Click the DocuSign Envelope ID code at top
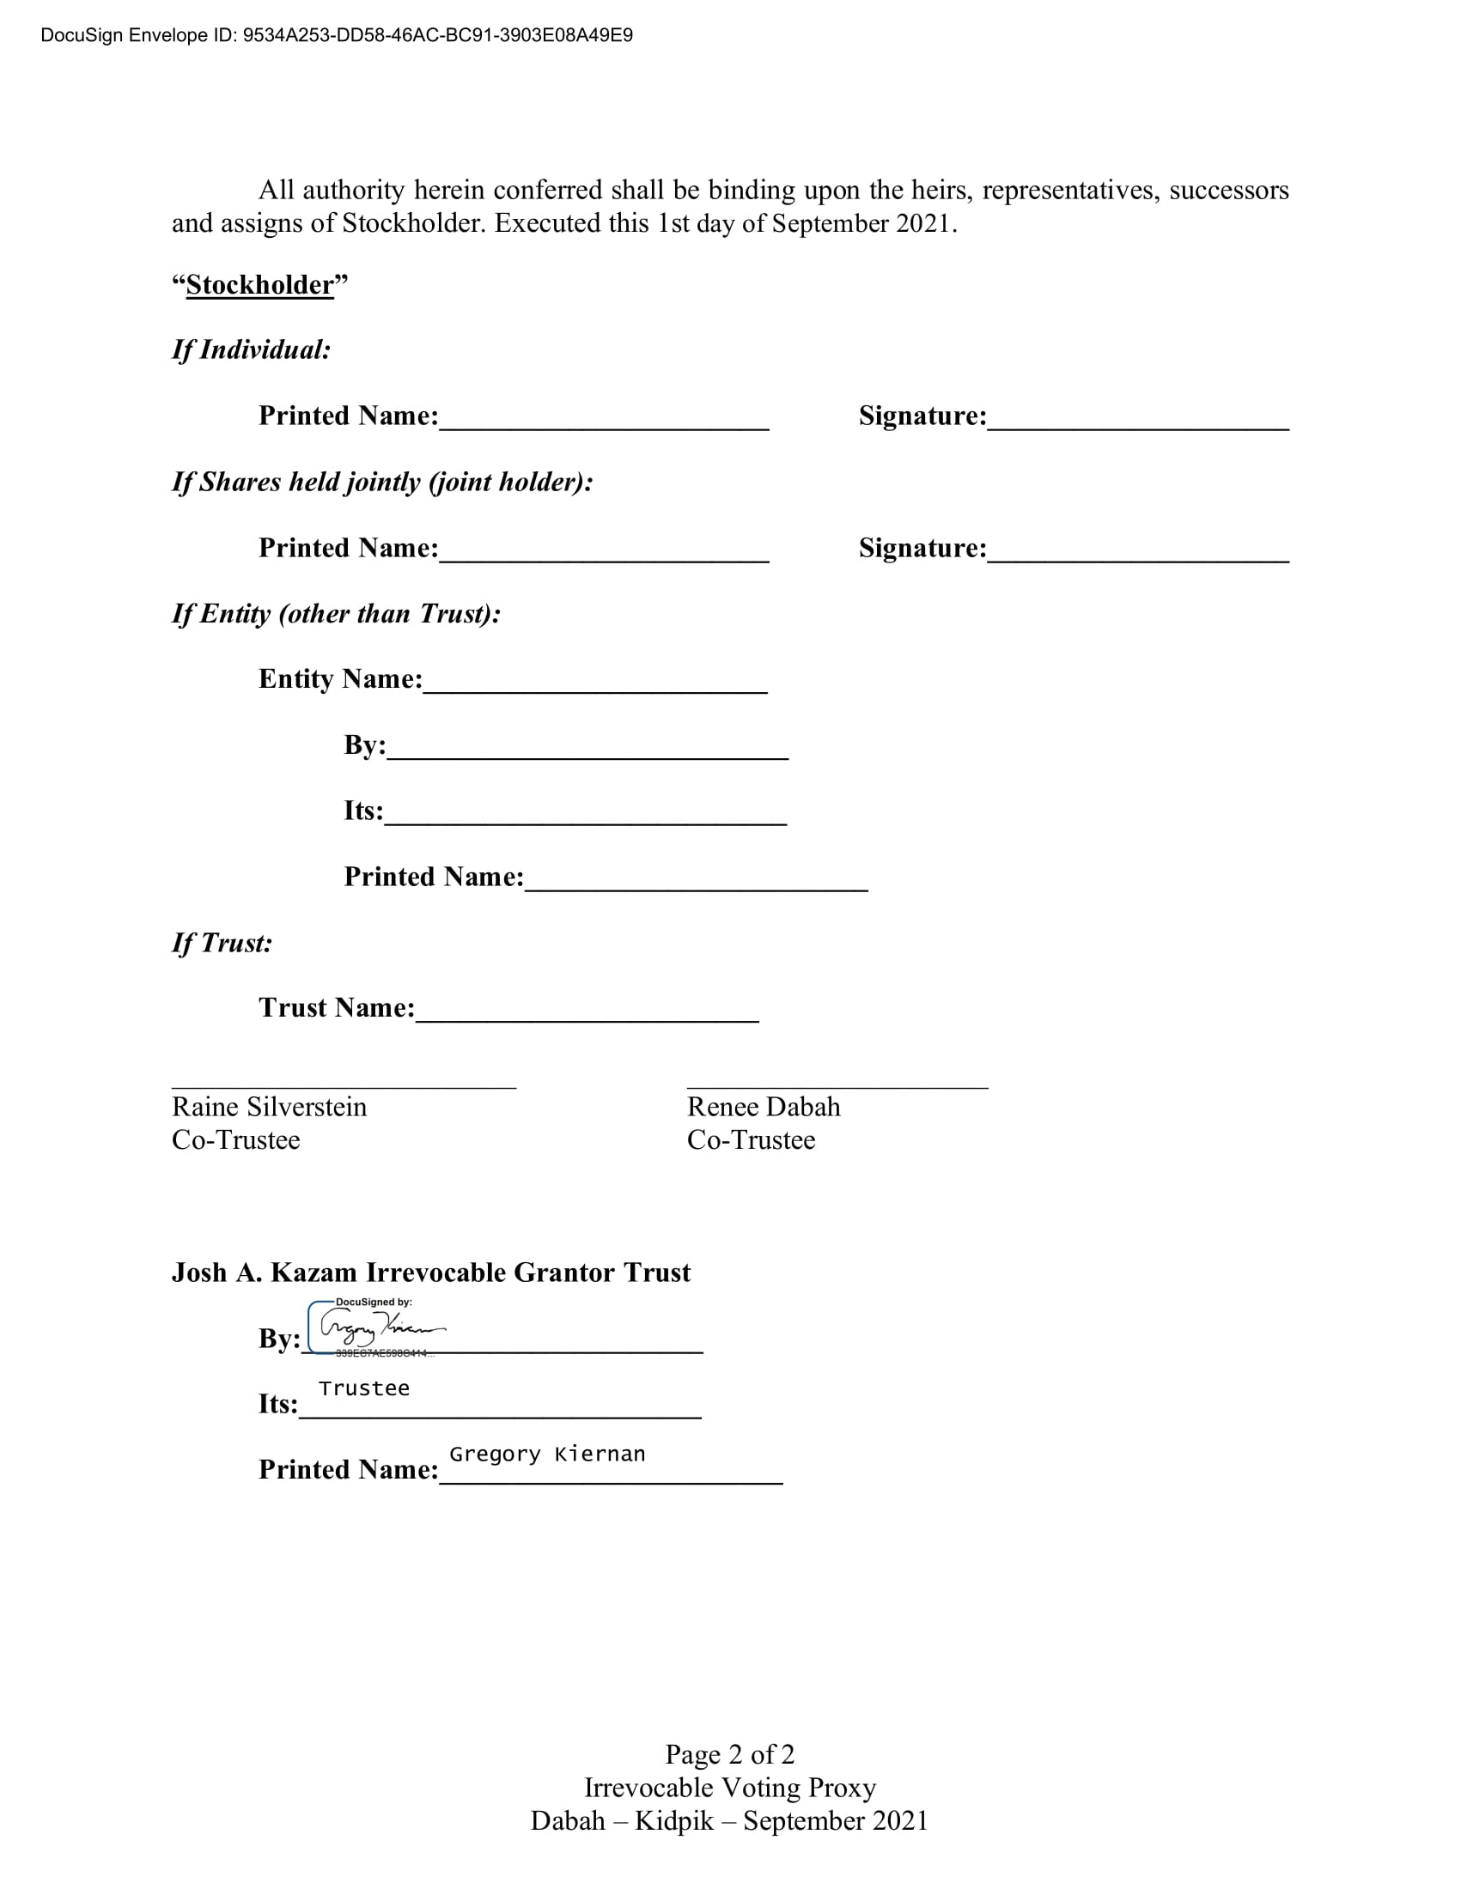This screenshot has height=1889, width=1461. pos(438,35)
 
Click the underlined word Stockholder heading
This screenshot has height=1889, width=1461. pos(259,284)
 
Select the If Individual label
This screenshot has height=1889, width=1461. pos(251,349)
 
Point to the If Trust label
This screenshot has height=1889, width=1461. pos(222,943)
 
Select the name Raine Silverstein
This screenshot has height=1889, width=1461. pos(269,1107)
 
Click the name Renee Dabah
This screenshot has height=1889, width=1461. pos(763,1107)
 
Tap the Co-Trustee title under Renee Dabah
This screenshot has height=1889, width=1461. pos(751,1140)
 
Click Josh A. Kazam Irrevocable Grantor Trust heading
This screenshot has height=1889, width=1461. pos(431,1272)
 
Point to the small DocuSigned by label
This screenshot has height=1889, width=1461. pos(374,1302)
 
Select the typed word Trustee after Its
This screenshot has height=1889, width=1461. pos(363,1388)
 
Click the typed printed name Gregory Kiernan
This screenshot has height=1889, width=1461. pos(546,1454)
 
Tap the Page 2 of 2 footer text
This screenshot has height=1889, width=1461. pos(729,1754)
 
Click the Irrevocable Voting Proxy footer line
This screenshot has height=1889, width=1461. pos(729,1787)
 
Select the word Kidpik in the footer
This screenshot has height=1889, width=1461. pos(674,1820)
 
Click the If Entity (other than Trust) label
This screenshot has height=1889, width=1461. pos(337,613)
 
